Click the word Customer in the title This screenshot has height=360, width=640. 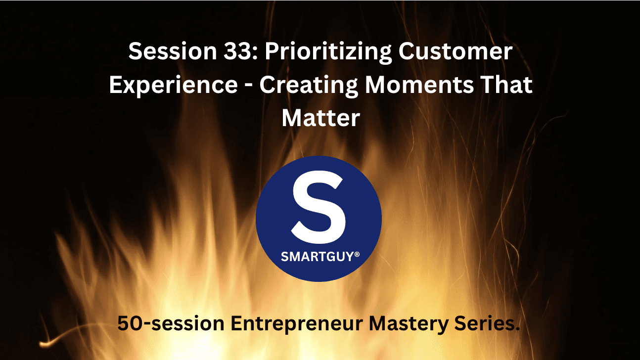coord(463,52)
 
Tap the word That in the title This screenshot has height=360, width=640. coord(508,85)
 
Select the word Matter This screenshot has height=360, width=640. coord(320,119)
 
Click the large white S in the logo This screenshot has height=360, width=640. coord(318,205)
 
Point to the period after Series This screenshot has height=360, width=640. coord(518,330)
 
